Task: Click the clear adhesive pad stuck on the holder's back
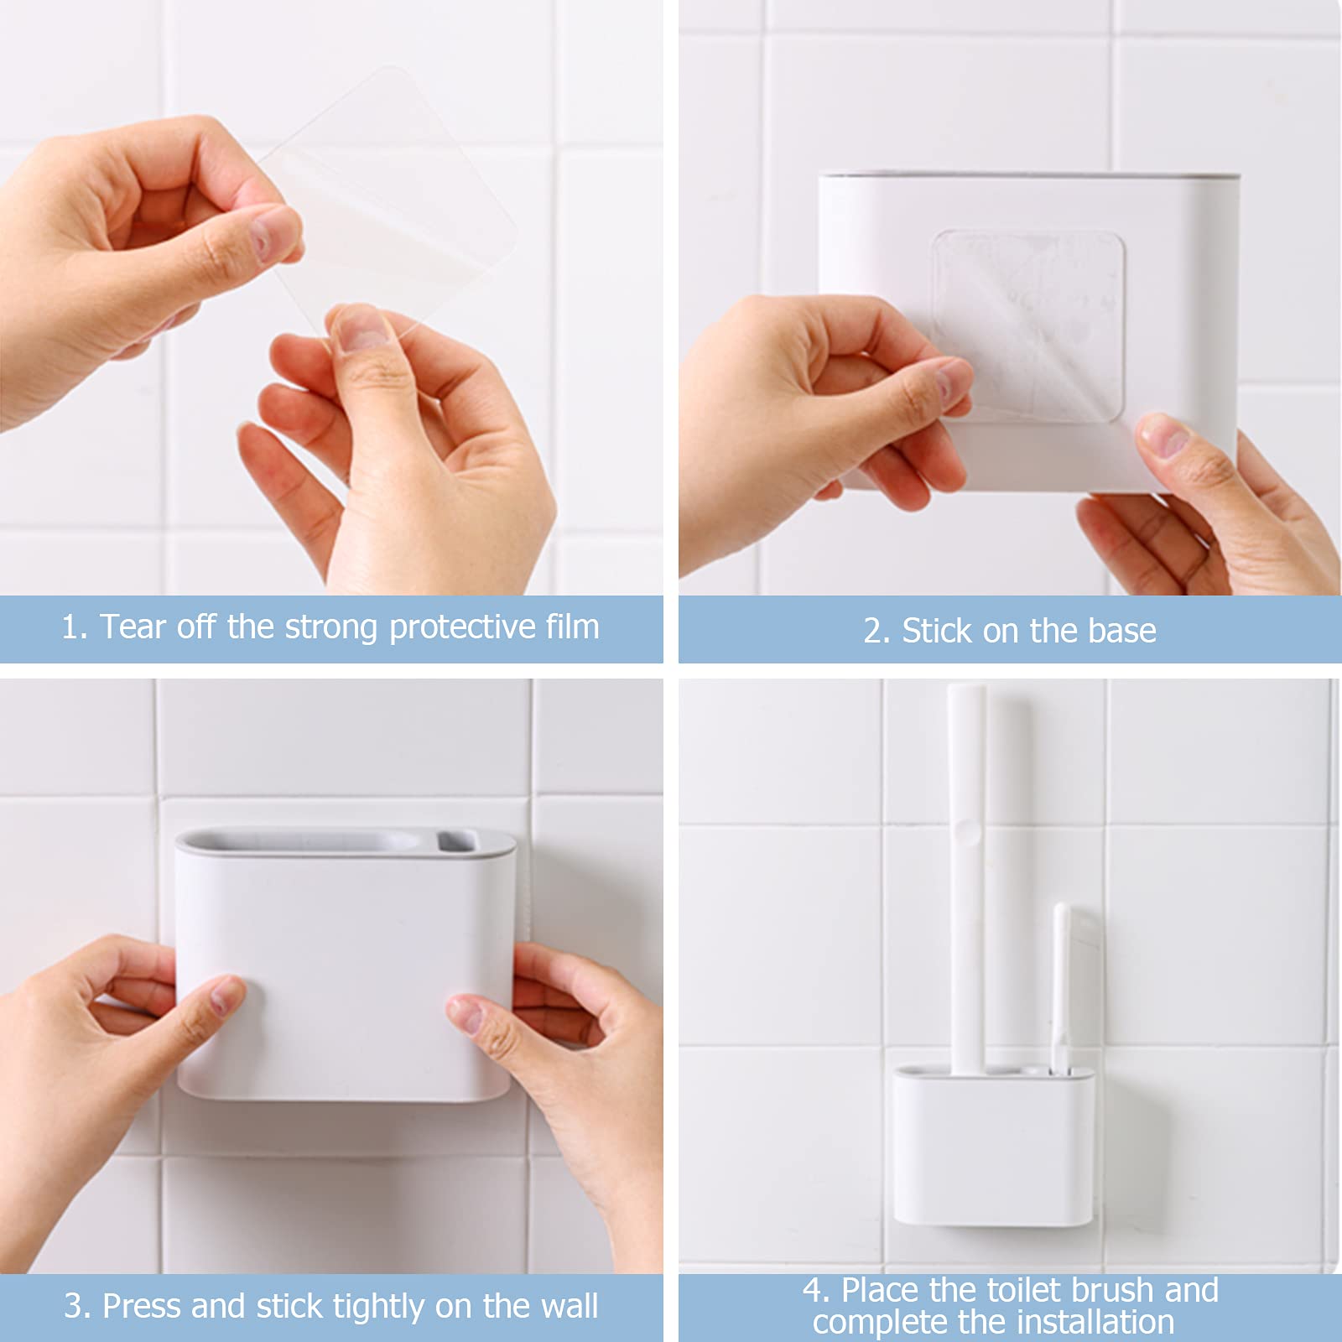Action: pos(1028,327)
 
